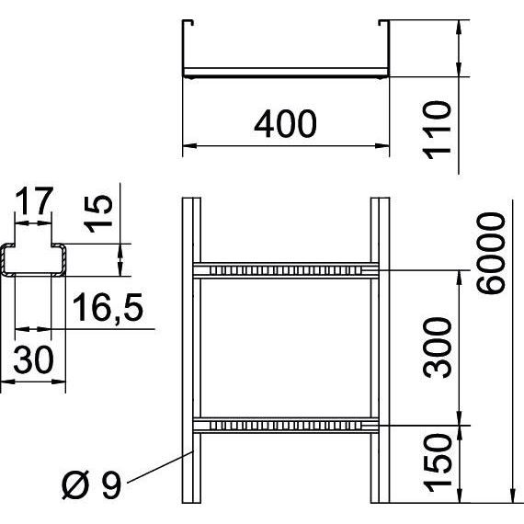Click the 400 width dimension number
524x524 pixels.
pos(285,124)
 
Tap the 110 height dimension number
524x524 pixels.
pos(437,130)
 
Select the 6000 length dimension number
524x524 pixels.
pos(491,253)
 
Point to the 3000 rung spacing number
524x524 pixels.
pos(437,347)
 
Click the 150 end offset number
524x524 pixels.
pos(437,463)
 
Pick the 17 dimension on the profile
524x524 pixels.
pos(34,200)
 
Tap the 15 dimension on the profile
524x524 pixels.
pos(98,214)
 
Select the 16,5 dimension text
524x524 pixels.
pos(108,307)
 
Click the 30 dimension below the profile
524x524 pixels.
pos(33,359)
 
